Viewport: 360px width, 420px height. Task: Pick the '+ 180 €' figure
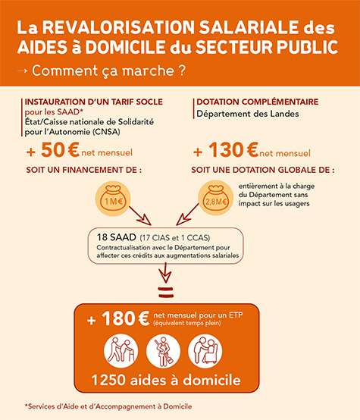(x=117, y=320)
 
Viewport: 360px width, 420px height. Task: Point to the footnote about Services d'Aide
(x=109, y=406)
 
